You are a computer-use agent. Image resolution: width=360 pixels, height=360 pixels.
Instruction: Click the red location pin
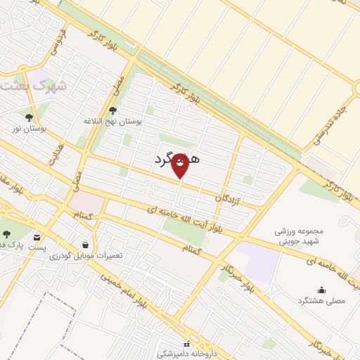pos(180,166)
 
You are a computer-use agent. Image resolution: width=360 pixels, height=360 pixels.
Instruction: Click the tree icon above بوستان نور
pos(29,117)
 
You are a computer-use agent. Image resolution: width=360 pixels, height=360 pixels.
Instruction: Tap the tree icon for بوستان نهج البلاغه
pos(112,110)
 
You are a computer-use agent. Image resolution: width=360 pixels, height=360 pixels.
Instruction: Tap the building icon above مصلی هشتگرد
pos(322,289)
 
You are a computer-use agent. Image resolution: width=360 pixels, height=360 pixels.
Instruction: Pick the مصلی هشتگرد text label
pos(322,300)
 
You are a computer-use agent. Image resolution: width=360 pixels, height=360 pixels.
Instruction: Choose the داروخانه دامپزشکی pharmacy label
pos(186,354)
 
